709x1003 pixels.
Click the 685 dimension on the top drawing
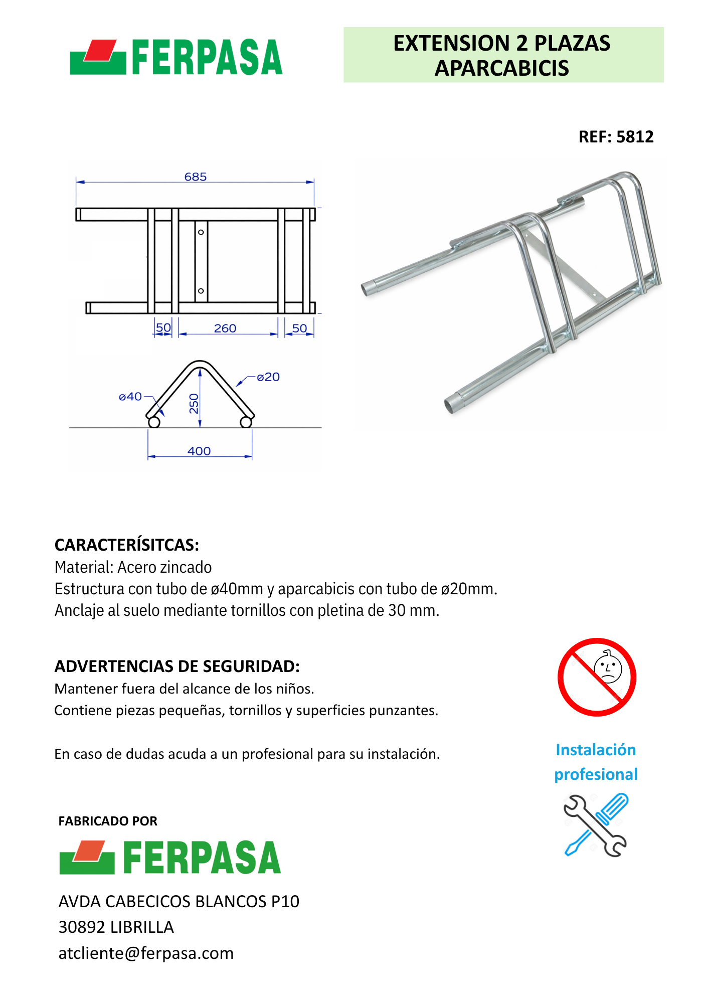(195, 177)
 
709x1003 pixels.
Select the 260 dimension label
(225, 328)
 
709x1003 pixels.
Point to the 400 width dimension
(199, 451)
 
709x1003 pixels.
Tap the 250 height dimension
(194, 404)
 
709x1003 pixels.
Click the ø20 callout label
(268, 377)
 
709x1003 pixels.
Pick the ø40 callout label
(130, 397)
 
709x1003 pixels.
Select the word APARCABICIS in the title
(501, 69)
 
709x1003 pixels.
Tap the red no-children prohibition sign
(597, 677)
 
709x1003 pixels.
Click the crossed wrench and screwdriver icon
(595, 825)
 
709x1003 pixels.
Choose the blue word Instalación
(596, 750)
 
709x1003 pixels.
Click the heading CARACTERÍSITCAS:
(127, 545)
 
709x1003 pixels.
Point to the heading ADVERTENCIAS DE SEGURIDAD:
(177, 666)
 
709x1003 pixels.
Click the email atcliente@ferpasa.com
(146, 953)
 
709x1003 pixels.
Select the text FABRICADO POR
(108, 821)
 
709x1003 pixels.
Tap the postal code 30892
(82, 927)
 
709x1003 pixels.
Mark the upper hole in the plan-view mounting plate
(201, 232)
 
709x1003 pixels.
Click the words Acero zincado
(164, 567)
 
